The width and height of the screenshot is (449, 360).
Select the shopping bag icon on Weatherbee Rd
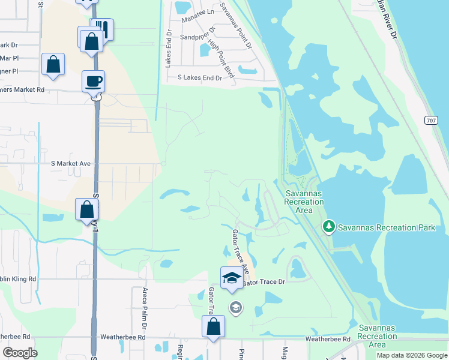pos(213,328)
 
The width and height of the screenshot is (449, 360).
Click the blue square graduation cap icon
pos(232,278)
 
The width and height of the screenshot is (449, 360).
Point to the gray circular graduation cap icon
pos(236,308)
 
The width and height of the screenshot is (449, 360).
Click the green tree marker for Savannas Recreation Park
pos(328,227)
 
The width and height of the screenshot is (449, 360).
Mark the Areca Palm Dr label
pos(145,308)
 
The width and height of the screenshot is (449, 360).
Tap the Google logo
pos(20,353)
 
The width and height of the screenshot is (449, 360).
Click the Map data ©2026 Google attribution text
pos(411,355)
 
